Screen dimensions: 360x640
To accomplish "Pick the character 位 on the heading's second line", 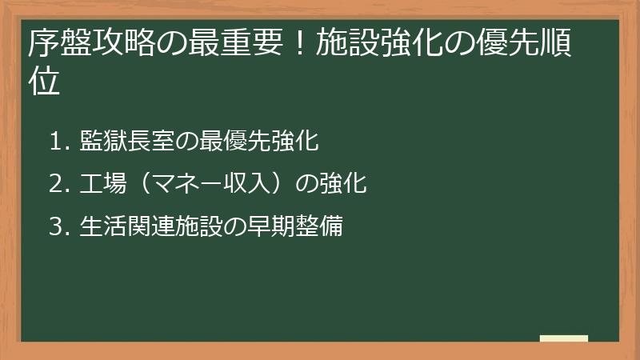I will (44, 82).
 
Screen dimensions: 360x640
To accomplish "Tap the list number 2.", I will (56, 185).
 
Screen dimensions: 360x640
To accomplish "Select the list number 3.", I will (56, 227).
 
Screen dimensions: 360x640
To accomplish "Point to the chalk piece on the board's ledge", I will (564, 338).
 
